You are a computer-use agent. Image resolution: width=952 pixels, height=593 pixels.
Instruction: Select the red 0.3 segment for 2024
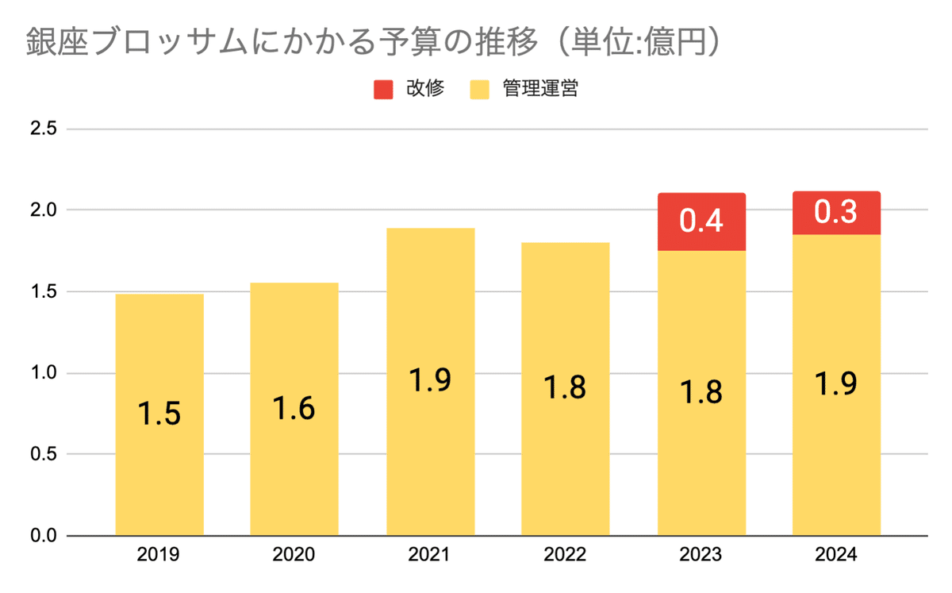837,214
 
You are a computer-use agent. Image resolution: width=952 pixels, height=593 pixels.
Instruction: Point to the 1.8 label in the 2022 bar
566,388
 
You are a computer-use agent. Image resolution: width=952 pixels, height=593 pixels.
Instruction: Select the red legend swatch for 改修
384,89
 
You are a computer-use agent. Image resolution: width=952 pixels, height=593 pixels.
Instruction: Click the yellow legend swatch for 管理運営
480,89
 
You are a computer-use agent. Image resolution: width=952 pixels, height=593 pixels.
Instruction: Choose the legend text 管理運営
539,89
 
